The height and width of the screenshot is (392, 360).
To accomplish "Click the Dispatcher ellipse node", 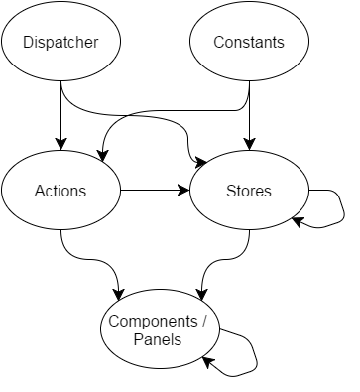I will click(61, 42).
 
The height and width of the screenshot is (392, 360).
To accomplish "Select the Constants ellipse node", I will click(249, 42).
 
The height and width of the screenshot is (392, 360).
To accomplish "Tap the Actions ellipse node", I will click(61, 191).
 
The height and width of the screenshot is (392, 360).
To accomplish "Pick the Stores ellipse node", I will click(249, 191).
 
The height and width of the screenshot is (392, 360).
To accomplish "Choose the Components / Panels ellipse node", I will click(160, 328).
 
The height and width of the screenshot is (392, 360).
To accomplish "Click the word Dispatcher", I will click(61, 42).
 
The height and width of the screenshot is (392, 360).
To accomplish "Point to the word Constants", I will click(249, 42).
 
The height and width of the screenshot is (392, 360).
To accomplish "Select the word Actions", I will click(60, 191).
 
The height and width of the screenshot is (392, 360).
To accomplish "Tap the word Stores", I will click(249, 191).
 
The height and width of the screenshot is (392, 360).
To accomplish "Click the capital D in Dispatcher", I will click(28, 42).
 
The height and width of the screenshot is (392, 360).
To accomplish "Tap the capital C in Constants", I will click(219, 42).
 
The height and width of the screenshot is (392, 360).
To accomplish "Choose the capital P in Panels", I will click(139, 339).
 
